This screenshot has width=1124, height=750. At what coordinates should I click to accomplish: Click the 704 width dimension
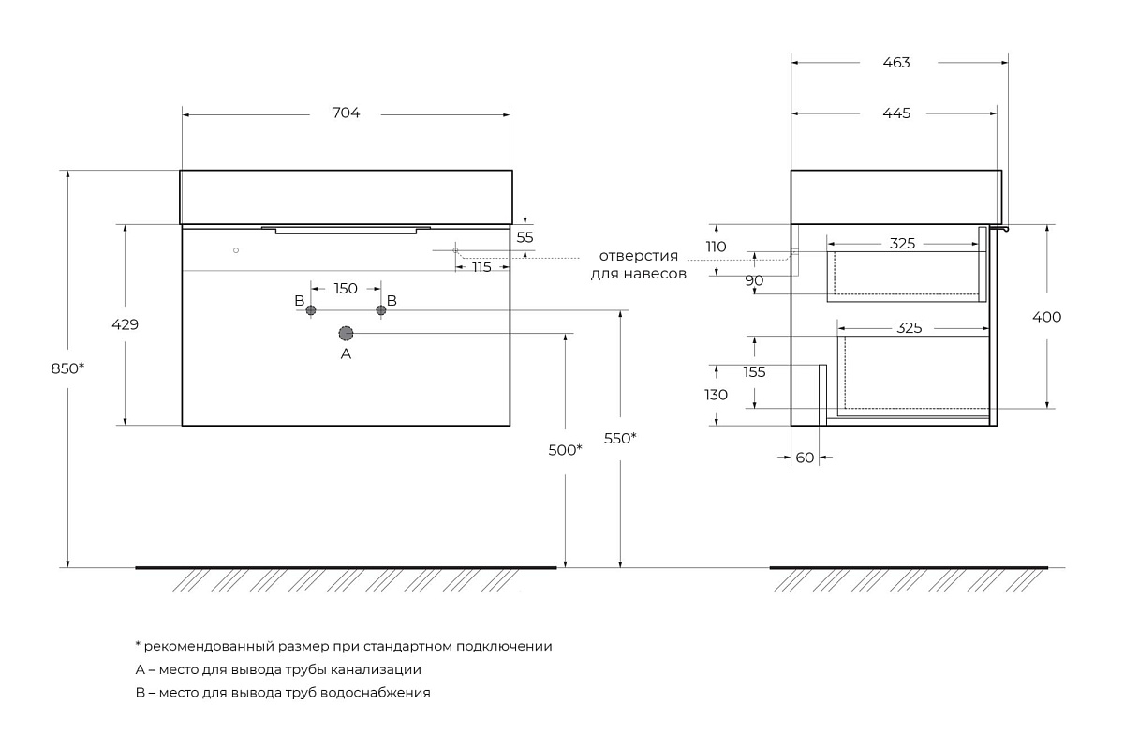click(346, 113)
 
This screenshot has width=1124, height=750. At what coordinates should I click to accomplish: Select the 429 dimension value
click(126, 324)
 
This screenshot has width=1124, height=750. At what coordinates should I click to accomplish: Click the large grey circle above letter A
click(346, 333)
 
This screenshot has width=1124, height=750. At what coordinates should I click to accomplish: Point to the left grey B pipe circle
click(312, 310)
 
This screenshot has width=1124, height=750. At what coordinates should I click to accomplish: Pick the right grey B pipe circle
click(381, 310)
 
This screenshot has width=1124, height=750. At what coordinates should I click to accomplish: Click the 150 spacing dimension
click(346, 288)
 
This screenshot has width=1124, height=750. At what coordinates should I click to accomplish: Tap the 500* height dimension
click(566, 450)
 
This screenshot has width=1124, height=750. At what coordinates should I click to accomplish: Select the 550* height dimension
click(620, 437)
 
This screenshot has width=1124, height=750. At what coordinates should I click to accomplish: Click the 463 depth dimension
click(896, 63)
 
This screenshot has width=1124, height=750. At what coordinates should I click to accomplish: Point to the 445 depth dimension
click(896, 113)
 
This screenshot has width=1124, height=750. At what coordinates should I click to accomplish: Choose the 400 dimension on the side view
click(1047, 317)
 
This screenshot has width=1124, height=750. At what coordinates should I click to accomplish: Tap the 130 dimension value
click(717, 395)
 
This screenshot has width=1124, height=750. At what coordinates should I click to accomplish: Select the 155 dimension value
click(755, 371)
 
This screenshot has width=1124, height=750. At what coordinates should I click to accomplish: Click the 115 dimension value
click(482, 267)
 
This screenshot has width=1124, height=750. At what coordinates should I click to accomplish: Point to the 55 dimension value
click(525, 237)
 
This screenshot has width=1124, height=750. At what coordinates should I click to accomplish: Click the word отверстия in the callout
click(639, 256)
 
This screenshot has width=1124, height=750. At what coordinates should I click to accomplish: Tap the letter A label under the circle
click(346, 354)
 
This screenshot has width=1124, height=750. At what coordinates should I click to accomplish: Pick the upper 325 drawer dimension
click(902, 243)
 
